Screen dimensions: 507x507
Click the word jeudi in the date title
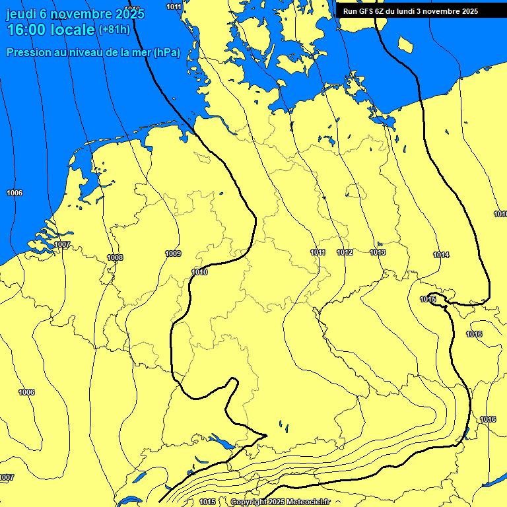click(20, 13)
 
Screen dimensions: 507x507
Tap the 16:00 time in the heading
click(26, 30)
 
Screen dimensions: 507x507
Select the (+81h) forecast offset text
click(114, 30)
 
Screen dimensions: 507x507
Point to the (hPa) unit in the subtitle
click(166, 53)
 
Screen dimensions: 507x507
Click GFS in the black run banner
click(366, 11)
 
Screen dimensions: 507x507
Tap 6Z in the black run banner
click(382, 11)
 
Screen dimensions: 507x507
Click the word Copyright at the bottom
click(248, 502)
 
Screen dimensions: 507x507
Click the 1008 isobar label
click(115, 257)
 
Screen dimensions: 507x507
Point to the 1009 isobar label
click(173, 253)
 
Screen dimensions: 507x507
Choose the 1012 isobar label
click(345, 253)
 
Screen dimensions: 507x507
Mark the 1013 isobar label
click(378, 253)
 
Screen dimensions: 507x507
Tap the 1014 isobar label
click(441, 255)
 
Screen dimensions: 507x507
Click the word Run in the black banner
click(350, 11)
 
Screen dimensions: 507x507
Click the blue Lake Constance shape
click(222, 442)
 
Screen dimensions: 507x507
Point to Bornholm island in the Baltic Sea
click(405, 44)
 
